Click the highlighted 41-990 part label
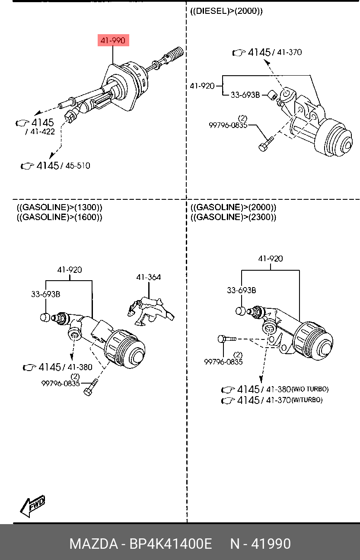coord(113,40)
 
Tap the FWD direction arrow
coord(33,506)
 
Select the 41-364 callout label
coord(149,277)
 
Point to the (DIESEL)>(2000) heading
coord(226,11)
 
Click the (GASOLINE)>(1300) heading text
coord(60,207)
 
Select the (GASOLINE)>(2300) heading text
coord(233,217)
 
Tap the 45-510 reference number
coord(77,166)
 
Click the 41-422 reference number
coord(42,131)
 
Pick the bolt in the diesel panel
coord(266,144)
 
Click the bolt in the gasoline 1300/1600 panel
coord(90,387)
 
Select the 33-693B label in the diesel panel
coord(245,95)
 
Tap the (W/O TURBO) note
coord(310,389)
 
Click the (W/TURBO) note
coord(307,400)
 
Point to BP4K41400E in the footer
coord(171,544)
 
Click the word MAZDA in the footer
coord(94,544)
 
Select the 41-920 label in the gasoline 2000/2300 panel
coord(271,259)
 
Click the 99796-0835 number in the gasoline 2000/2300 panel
coord(223,362)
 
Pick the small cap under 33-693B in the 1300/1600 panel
coord(45,317)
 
